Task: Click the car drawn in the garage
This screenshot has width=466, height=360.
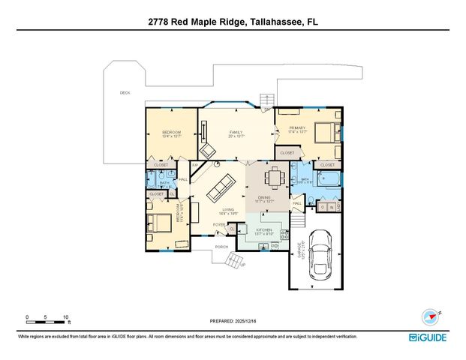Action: [322, 253]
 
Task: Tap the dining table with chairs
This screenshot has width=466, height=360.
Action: [273, 178]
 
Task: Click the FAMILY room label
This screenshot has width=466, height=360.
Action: [236, 132]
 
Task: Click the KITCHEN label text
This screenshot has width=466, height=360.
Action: [263, 229]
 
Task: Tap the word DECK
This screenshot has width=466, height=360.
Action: [125, 93]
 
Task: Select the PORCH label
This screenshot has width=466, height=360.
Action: [221, 246]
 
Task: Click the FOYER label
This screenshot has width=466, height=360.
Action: [219, 224]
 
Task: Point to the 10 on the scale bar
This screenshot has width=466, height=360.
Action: [66, 317]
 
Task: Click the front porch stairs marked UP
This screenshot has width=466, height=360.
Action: [235, 261]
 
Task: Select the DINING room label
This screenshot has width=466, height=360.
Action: [264, 197]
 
